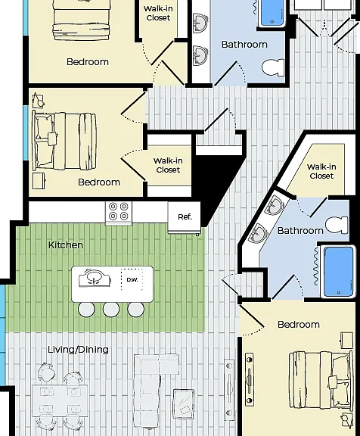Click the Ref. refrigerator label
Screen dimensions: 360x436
[185, 217]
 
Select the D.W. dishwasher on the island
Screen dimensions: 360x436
[132, 279]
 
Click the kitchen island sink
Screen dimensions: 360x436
[95, 278]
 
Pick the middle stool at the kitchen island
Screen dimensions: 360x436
[111, 309]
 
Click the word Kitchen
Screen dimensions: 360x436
[66, 245]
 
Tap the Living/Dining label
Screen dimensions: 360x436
[78, 350]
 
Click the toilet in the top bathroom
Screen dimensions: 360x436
[273, 67]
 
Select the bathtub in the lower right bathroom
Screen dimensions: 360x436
[338, 272]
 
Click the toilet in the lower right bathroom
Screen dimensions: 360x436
[337, 225]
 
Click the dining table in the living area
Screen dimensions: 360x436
[60, 401]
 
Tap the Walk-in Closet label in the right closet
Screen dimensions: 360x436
[321, 171]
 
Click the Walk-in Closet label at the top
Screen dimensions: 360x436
[158, 13]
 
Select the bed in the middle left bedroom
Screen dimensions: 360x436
[64, 142]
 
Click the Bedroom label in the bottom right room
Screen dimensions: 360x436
[299, 325]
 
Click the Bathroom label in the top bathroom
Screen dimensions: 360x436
[244, 45]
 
